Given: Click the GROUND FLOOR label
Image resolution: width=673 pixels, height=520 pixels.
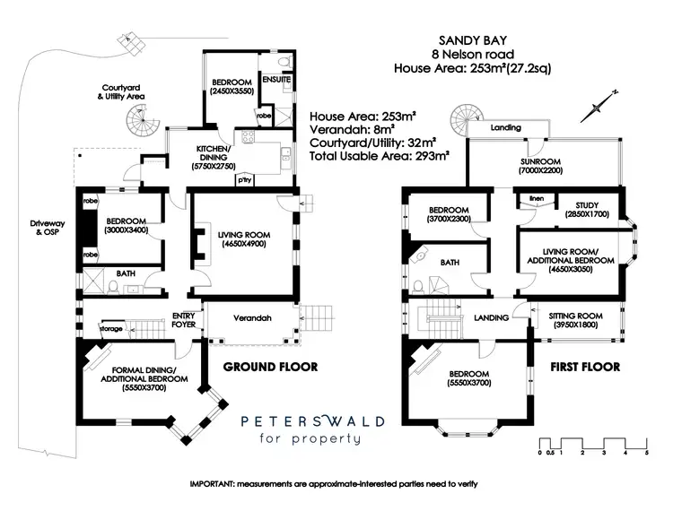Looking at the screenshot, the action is [x=266, y=366].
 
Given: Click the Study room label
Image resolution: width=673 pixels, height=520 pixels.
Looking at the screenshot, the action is [x=587, y=210].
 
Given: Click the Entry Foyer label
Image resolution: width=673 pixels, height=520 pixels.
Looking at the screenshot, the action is [x=184, y=320].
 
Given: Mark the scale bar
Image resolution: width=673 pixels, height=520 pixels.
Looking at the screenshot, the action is [x=593, y=443].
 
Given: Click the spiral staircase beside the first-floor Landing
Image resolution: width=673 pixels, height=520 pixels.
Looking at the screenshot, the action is [x=469, y=117].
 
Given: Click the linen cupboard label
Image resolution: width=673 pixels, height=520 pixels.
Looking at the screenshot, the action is [x=537, y=197].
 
